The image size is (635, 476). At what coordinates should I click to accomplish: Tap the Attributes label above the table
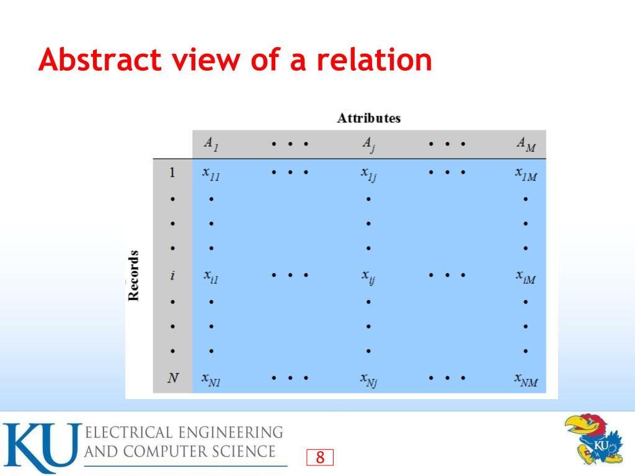tap(368, 118)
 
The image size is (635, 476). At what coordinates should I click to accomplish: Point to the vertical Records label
tap(133, 275)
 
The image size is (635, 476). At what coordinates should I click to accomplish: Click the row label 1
tap(172, 173)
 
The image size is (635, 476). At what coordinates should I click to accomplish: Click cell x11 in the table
tap(211, 174)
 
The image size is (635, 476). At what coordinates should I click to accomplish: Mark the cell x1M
tap(526, 174)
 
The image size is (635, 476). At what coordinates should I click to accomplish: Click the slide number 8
tap(320, 458)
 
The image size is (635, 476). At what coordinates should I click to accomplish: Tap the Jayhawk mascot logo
tap(594, 439)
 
